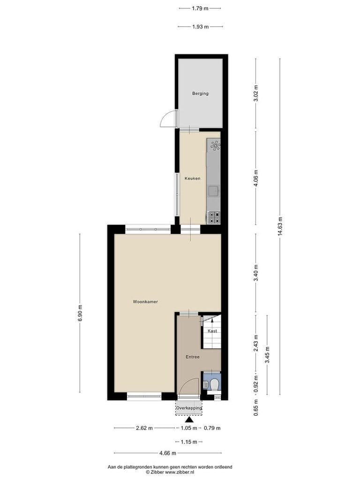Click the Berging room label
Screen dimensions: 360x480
coord(200,93)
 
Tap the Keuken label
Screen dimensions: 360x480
coord(193,178)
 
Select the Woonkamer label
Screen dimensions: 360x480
coord(145,301)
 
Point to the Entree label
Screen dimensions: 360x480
coord(193,357)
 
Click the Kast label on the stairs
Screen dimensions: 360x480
coord(212,331)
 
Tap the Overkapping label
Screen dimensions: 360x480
coord(189,408)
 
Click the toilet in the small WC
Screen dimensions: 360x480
coord(215,384)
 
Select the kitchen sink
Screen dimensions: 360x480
coord(213,191)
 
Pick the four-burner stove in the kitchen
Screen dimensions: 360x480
coord(214,217)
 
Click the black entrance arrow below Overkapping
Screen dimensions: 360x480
coord(189,420)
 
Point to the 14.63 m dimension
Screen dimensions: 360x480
coord(280,226)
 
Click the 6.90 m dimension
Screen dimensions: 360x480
coord(80,313)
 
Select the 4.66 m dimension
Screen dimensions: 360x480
coord(168,453)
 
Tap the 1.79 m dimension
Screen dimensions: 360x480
coord(200,8)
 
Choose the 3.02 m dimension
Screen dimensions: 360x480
coord(256,93)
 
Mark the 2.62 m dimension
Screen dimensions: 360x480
coord(144,428)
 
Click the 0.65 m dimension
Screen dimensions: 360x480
coord(256,407)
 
